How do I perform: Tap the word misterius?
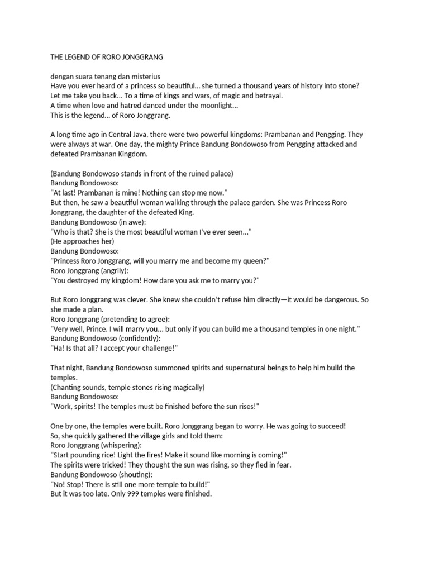click(146, 76)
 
